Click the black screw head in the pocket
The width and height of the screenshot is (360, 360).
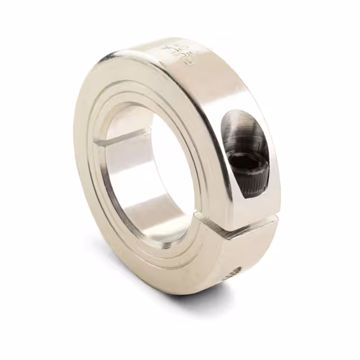click(x=247, y=160)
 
